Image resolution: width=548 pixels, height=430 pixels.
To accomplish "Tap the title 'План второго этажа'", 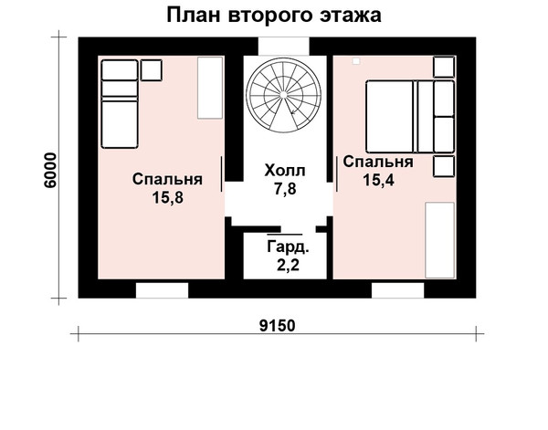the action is (x=274, y=16).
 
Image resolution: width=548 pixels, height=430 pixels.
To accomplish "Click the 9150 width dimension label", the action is (x=278, y=326).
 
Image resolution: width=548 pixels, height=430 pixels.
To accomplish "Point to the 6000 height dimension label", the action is (x=50, y=171).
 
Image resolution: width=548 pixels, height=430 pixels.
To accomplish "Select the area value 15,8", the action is (x=167, y=198).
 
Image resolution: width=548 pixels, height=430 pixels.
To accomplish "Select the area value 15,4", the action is (x=378, y=180).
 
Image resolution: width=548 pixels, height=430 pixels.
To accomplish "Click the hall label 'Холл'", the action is (x=285, y=171).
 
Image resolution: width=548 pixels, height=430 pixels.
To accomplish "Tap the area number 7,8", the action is (x=285, y=189).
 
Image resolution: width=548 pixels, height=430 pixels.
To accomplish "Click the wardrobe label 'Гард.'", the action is (x=288, y=247).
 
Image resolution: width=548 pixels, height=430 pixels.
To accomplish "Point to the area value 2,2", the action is (x=288, y=266).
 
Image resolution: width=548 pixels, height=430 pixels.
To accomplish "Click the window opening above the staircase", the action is (x=284, y=47).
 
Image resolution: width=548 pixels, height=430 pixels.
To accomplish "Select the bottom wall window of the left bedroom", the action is (x=162, y=290).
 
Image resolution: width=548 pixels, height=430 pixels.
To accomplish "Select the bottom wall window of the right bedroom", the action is (x=397, y=290).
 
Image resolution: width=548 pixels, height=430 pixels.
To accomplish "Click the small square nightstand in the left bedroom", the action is (x=151, y=70).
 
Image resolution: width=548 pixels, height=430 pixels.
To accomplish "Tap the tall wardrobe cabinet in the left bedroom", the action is (x=210, y=88).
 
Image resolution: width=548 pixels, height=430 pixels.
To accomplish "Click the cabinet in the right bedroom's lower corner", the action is (x=439, y=240).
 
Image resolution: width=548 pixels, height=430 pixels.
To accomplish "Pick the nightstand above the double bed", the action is (x=444, y=67).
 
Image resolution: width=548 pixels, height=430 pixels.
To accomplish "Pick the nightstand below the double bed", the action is (x=444, y=166).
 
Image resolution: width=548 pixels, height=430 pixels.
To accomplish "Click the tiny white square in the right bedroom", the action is (x=356, y=61).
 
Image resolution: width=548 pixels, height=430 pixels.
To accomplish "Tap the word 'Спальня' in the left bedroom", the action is (x=167, y=180).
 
